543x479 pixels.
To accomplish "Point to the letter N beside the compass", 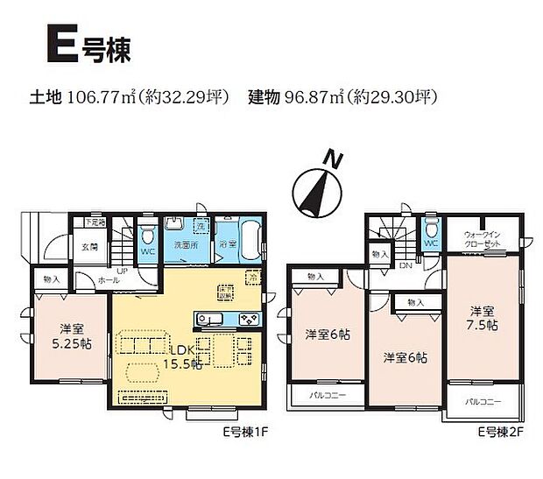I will (x=331, y=159).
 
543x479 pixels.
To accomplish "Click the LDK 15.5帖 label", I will (x=184, y=356).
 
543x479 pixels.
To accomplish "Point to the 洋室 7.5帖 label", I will (x=481, y=317).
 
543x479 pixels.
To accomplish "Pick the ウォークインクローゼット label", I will (x=482, y=238).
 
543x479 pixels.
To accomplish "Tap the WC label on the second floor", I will (x=430, y=243).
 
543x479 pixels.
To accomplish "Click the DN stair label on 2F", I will (x=405, y=264).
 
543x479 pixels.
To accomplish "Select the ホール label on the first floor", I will (x=109, y=280).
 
